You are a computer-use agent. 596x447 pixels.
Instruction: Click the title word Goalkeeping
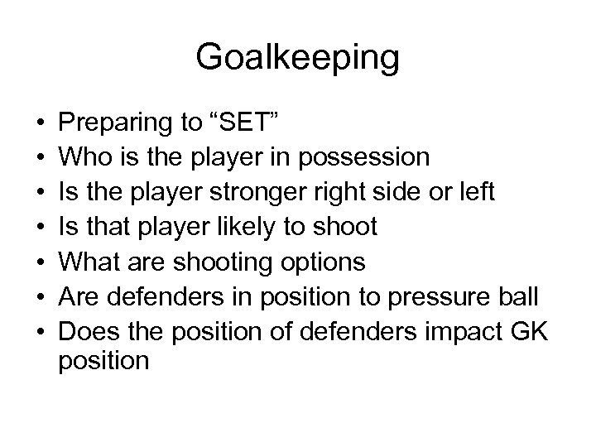(x=298, y=58)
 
